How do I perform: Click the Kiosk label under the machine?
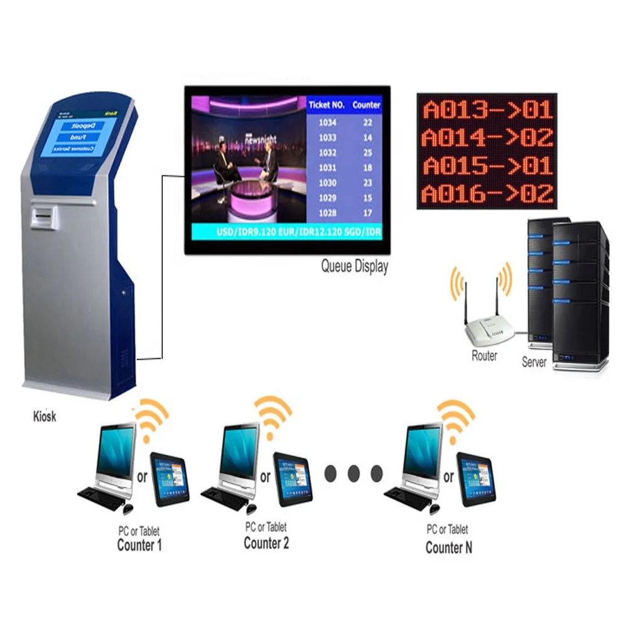[45, 416]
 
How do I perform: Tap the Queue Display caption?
[354, 266]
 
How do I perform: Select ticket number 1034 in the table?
[328, 122]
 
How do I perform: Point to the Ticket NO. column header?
[327, 105]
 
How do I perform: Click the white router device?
[490, 329]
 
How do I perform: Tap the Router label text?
[484, 355]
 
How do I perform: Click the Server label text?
[534, 362]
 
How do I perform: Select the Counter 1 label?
[139, 544]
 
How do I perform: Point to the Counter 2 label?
[266, 543]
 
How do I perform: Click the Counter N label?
[448, 547]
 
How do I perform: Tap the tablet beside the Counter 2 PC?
[295, 479]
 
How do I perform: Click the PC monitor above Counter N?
[423, 451]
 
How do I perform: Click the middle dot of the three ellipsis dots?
[354, 473]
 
